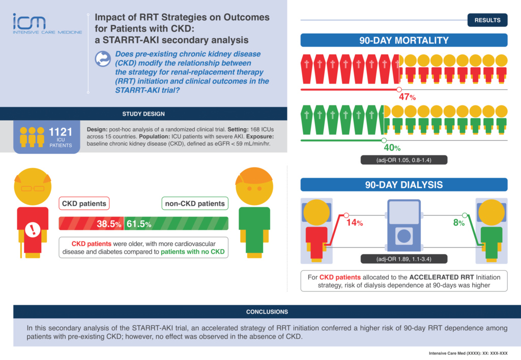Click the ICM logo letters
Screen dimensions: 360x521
click(x=30, y=21)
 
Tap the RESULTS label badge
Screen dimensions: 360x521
click(x=487, y=20)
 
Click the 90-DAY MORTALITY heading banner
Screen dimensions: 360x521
click(x=404, y=40)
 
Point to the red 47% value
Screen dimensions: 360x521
click(x=408, y=97)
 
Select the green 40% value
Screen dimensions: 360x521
click(x=392, y=148)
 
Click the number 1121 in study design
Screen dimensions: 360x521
click(x=61, y=132)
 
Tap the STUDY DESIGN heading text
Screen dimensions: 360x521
click(x=143, y=114)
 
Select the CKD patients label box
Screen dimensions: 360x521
click(x=84, y=204)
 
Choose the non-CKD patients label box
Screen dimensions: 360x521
click(x=194, y=204)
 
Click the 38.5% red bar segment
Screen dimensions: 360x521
click(x=92, y=224)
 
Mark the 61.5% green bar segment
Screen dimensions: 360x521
click(x=176, y=224)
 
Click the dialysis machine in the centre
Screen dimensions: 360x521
click(x=404, y=226)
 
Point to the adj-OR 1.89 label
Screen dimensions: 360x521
click(x=404, y=259)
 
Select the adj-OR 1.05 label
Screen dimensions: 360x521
click(x=404, y=160)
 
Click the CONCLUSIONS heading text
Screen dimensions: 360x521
click(x=267, y=312)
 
